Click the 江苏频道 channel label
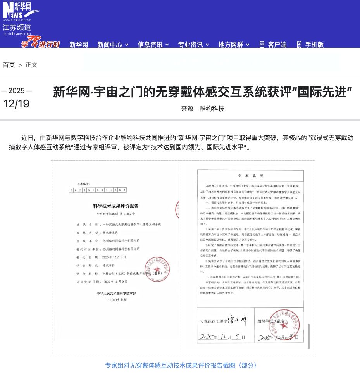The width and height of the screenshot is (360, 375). (x=17, y=28)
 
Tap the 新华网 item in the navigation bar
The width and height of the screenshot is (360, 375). (x=79, y=45)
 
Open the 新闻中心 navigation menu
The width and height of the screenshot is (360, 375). (x=112, y=45)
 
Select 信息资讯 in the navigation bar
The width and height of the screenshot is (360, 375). (x=153, y=45)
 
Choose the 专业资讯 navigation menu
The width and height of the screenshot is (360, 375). (x=193, y=45)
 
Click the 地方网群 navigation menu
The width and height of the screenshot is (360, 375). (x=234, y=45)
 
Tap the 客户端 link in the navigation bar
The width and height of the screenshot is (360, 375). (x=273, y=45)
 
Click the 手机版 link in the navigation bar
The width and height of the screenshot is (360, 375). (x=310, y=45)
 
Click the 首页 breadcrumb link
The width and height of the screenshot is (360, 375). (x=9, y=65)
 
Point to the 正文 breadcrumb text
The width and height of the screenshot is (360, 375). (x=31, y=65)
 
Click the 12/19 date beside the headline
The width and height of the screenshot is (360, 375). (x=16, y=104)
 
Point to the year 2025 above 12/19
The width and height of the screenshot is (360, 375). (x=16, y=91)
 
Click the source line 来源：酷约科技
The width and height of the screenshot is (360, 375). (x=202, y=109)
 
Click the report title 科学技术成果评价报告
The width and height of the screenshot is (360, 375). (x=116, y=206)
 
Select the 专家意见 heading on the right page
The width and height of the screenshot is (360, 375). (x=250, y=175)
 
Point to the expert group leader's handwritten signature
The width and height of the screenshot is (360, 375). (x=237, y=320)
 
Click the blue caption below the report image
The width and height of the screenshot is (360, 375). (x=181, y=365)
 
